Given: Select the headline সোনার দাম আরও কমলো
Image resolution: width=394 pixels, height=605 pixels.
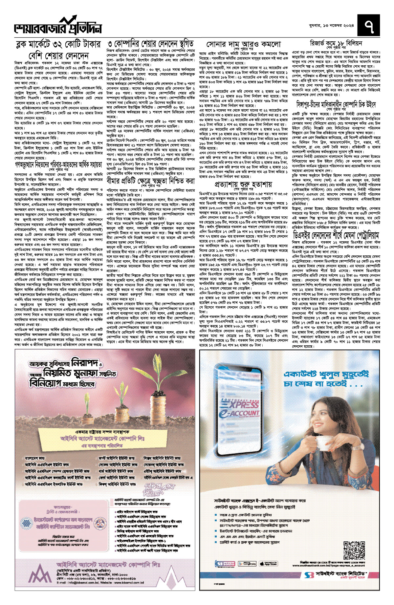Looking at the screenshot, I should click(243, 44).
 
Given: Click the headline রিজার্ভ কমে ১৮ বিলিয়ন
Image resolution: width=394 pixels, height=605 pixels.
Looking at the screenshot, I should click(336, 43).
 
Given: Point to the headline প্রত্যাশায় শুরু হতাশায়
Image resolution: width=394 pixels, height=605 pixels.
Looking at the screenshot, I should click(243, 184).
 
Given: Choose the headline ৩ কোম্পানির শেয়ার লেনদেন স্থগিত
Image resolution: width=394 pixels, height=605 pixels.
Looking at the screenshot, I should click(150, 44).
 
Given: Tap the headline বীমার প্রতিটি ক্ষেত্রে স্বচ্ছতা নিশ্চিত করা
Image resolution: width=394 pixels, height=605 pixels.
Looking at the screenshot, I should click(150, 181).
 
